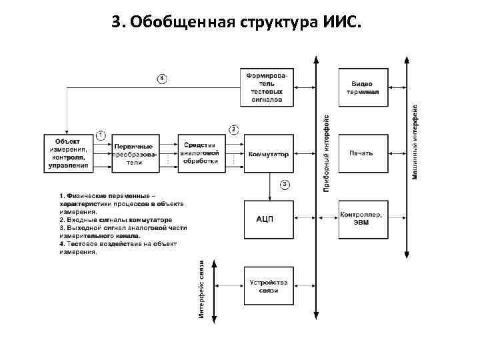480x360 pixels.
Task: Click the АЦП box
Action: (x=269, y=219)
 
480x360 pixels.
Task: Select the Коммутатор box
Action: (x=269, y=154)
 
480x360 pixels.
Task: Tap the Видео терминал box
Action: (x=362, y=87)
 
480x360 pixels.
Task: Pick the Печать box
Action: (x=362, y=154)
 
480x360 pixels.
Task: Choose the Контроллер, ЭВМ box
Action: (x=362, y=219)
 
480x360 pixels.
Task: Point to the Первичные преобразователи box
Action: (x=135, y=154)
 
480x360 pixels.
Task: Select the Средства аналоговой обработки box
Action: (x=201, y=154)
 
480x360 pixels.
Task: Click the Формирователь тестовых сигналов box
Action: (x=269, y=87)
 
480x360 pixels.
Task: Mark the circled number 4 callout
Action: (x=161, y=78)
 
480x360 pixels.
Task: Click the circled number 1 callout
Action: (x=101, y=135)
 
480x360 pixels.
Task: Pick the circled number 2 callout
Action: (x=234, y=129)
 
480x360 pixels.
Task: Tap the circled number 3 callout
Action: (x=285, y=184)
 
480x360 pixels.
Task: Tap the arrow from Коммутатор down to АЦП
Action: (x=269, y=186)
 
